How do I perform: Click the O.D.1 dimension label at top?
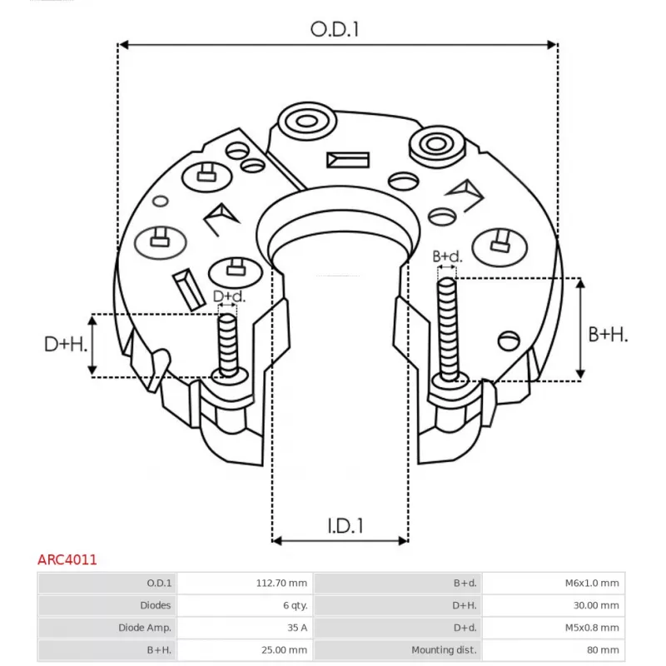[335, 30]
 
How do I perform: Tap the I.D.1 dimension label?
[343, 526]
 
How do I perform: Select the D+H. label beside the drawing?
[66, 344]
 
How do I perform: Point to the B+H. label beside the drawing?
[608, 334]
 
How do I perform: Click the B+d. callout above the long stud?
[447, 257]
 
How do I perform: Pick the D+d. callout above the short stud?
[229, 296]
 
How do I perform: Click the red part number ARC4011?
[67, 559]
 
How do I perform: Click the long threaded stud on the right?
[448, 329]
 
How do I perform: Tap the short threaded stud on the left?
[227, 345]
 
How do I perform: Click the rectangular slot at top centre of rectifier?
[347, 159]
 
